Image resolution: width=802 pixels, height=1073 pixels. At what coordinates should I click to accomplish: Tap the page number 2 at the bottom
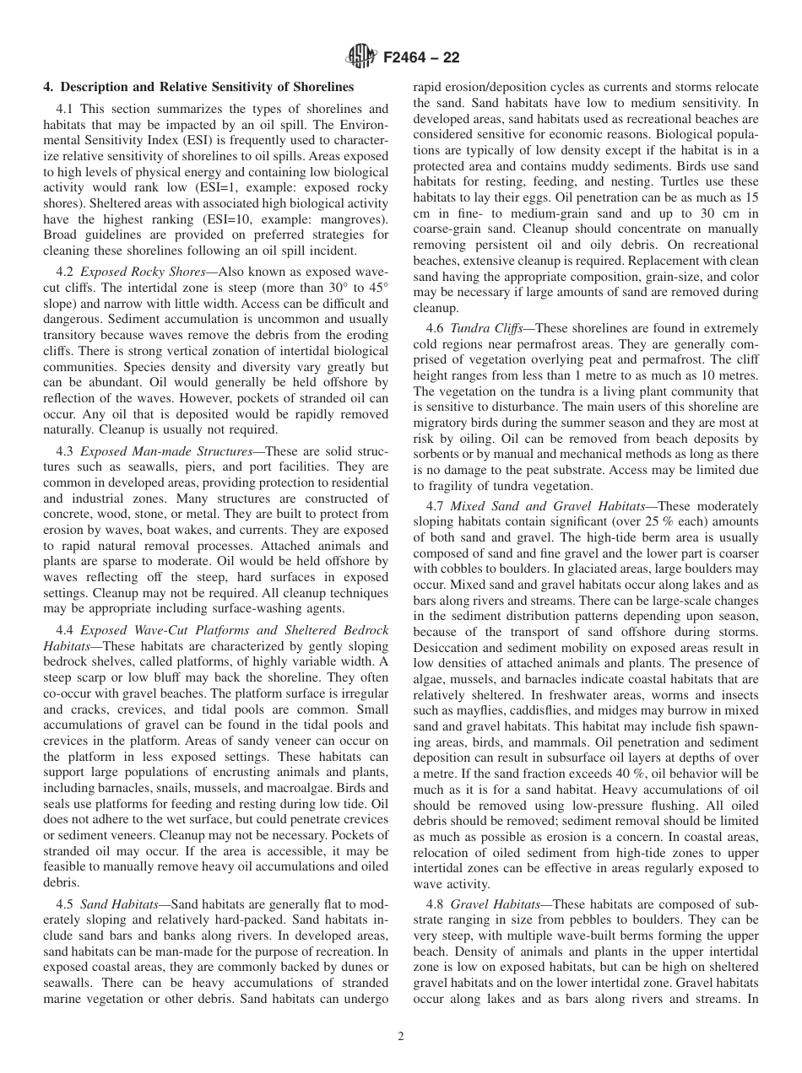pyautogui.click(x=401, y=1038)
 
